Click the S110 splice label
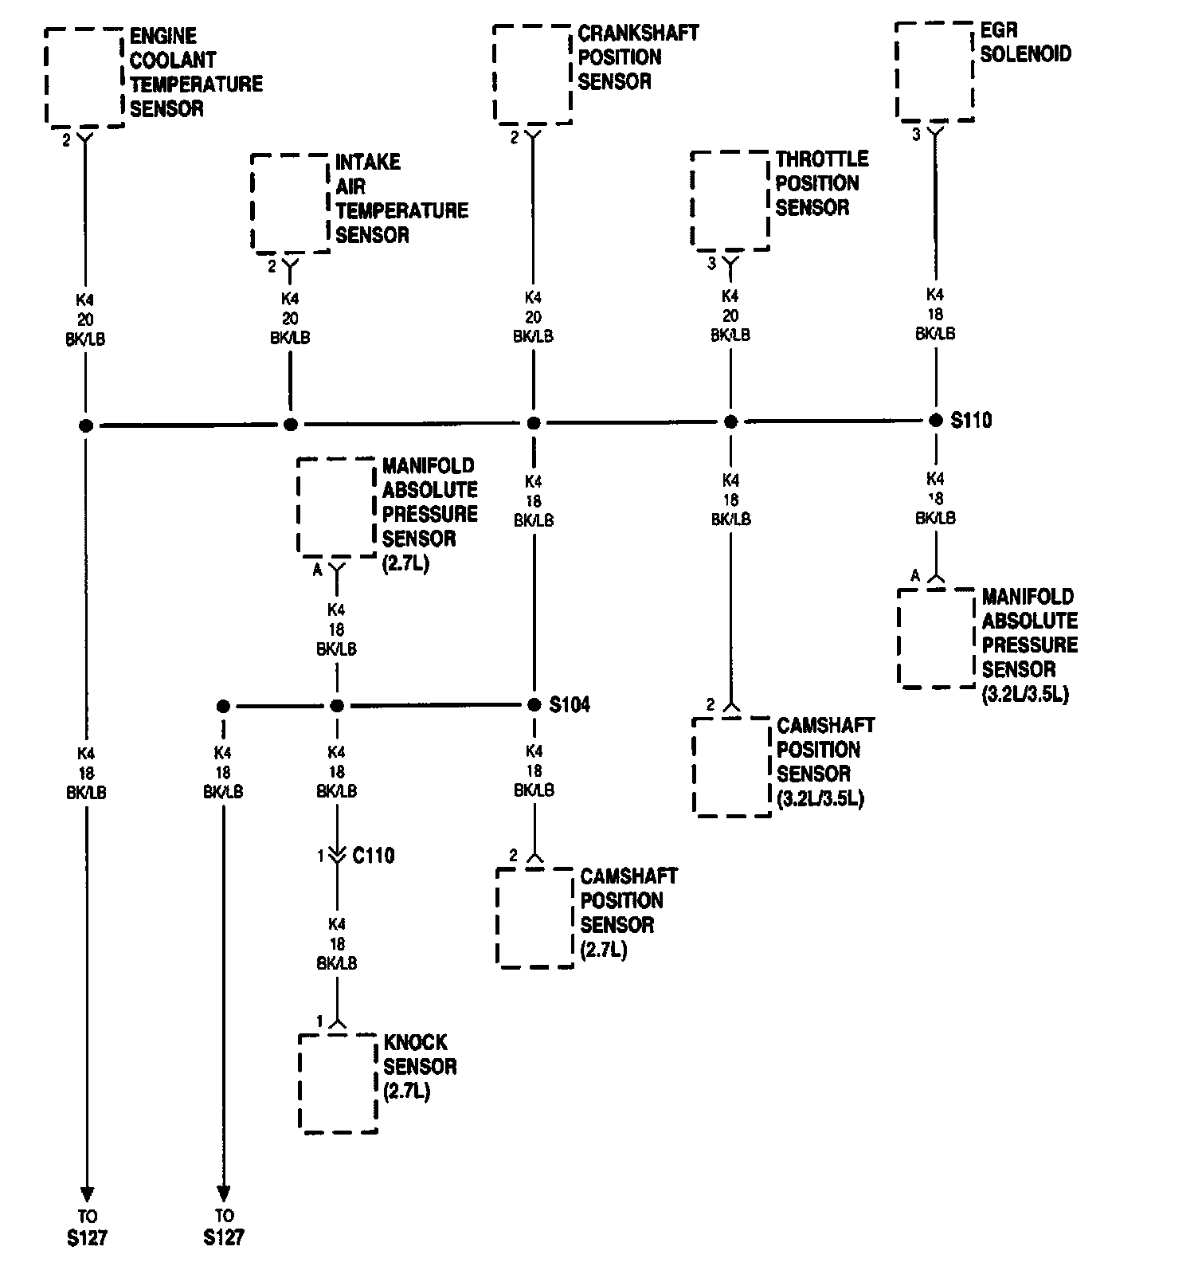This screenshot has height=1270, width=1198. [971, 420]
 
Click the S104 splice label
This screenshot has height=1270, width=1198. [570, 705]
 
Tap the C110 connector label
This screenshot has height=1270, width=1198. [374, 856]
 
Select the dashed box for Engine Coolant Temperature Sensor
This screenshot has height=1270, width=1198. [84, 77]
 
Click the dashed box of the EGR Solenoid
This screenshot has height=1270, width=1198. [935, 72]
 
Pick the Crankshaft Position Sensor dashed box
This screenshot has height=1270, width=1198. [532, 75]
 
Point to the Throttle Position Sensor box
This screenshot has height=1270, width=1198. [730, 201]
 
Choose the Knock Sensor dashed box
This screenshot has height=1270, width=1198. [338, 1083]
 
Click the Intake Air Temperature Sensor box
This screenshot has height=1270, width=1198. [290, 203]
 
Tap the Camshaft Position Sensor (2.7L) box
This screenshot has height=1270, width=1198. [535, 918]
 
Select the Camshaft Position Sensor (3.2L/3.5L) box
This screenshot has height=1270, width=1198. [732, 766]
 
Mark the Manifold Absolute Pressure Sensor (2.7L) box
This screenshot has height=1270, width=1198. [336, 507]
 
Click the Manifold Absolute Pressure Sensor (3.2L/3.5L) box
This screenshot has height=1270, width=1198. [937, 638]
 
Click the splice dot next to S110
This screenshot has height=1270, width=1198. [936, 421]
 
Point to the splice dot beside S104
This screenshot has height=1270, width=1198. [534, 705]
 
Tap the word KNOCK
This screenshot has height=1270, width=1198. [415, 1042]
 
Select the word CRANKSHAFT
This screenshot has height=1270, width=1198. [638, 33]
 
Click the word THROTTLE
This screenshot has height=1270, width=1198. [822, 159]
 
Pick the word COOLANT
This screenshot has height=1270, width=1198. [173, 60]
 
